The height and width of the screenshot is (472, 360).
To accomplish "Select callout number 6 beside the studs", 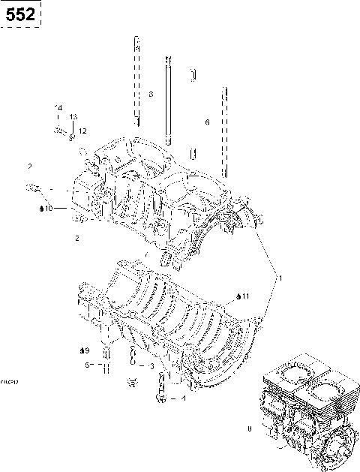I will click(207, 122).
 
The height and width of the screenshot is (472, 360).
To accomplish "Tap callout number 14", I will click(58, 109).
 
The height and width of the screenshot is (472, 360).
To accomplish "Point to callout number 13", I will click(73, 117).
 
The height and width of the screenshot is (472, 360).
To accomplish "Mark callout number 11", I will click(244, 297).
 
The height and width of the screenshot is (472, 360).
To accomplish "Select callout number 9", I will click(86, 350).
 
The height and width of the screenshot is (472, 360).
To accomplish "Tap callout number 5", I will click(87, 365).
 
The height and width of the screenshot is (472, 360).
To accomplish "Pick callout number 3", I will click(152, 366).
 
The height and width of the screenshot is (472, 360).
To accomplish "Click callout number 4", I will click(184, 398).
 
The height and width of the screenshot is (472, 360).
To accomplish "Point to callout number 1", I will click(280, 278).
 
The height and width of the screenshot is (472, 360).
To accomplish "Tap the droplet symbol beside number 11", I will click(237, 297).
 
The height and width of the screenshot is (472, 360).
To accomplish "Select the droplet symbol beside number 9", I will click(79, 350).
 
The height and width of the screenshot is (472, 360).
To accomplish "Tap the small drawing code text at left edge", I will click(10, 381).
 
